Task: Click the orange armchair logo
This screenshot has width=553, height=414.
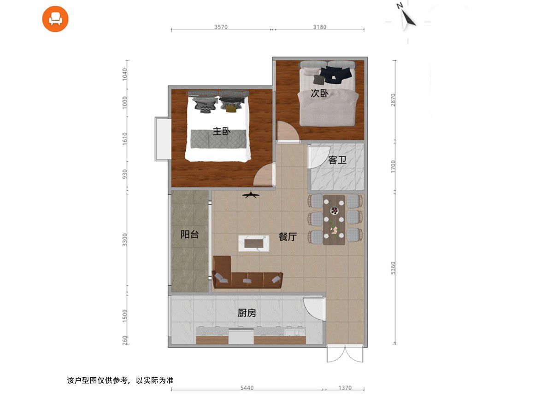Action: (x=55, y=19)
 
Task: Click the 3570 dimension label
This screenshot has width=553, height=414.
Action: (x=221, y=27)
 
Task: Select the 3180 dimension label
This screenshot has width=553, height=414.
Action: (x=320, y=27)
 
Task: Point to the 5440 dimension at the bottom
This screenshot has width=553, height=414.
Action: (x=247, y=388)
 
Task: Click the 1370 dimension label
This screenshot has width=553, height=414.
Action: (x=345, y=388)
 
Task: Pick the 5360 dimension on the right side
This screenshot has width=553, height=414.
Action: (x=393, y=268)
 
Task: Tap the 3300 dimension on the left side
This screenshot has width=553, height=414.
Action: (x=125, y=240)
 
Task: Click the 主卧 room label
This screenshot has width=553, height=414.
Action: (x=222, y=131)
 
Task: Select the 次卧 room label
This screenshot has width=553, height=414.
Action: (x=319, y=93)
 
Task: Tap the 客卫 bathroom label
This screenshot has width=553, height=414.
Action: (x=337, y=160)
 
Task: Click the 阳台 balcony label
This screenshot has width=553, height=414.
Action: (x=190, y=234)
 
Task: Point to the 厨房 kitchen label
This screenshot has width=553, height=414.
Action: (x=247, y=313)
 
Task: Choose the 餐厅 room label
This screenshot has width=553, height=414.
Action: (x=288, y=236)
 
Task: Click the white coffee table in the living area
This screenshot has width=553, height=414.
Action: (x=253, y=243)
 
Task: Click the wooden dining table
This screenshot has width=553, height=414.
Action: (x=334, y=220)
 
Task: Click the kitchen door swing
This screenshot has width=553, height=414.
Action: (x=314, y=308)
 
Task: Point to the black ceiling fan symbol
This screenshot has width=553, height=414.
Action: (x=251, y=195)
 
